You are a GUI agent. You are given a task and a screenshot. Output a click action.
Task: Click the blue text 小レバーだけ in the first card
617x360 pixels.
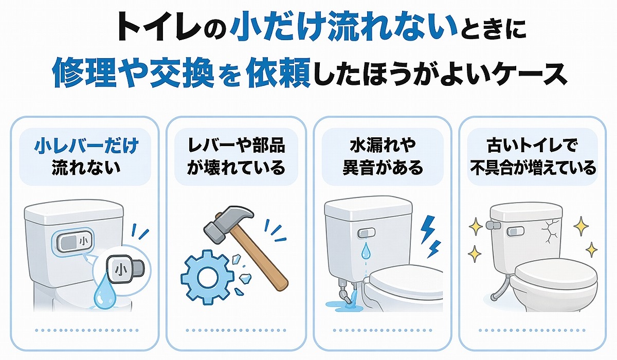(x=86, y=147)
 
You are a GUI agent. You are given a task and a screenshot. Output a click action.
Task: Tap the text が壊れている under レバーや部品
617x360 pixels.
(x=235, y=168)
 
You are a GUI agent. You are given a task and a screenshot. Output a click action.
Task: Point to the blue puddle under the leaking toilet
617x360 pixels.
(x=342, y=305)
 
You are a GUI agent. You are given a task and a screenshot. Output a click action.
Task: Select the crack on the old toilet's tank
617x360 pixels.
(x=551, y=231)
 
